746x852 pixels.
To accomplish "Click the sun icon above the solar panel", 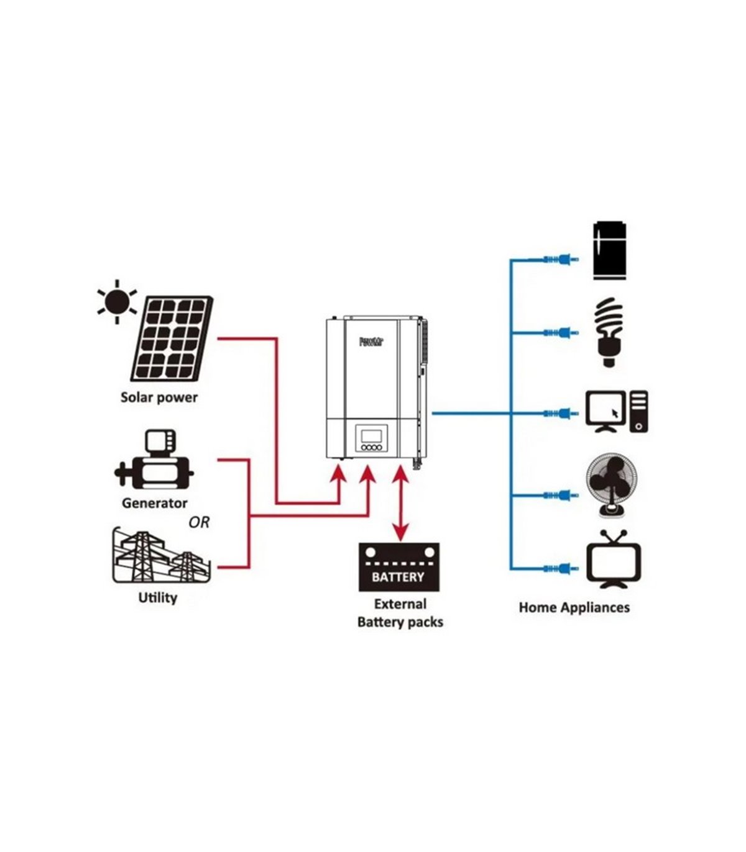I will point(117,302).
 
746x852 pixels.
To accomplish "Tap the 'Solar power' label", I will point(159,397).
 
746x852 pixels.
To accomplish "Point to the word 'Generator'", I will point(154,503).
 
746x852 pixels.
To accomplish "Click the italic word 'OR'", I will point(199,523).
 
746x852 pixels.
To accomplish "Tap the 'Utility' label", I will point(157,597).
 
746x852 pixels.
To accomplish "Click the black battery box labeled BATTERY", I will point(398,566).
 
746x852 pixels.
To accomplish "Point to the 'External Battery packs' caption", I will point(400,613).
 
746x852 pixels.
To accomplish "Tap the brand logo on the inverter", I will point(372,342).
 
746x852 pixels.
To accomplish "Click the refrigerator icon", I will point(610,251).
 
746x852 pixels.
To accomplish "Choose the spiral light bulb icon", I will point(609,333).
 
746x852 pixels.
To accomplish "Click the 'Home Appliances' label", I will point(574,607).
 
